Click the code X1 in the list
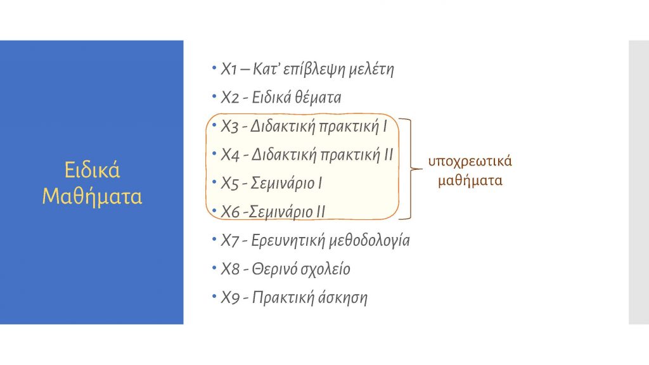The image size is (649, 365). coord(228,69)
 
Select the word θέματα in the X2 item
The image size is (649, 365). coord(318,98)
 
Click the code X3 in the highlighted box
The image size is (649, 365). coord(229,127)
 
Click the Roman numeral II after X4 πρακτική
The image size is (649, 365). coord(389,155)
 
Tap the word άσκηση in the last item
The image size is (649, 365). coord(343,298)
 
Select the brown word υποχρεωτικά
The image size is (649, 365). coord(470,162)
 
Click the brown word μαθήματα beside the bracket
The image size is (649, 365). coord(470,181)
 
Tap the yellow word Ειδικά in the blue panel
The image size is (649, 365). coord(92,170)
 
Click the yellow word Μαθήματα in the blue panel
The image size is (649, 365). coord(92,196)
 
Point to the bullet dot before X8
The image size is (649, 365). coord(214,268)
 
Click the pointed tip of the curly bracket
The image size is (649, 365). coord(421,169)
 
